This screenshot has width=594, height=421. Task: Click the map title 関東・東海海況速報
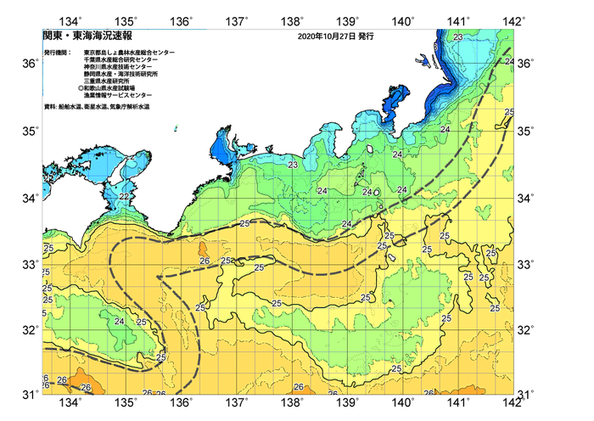(74, 37)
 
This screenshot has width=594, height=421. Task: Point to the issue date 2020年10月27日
(332, 37)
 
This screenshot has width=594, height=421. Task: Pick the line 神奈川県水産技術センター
(120, 70)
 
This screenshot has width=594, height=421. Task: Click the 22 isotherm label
(124, 197)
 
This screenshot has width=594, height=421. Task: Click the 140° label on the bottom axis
(403, 402)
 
